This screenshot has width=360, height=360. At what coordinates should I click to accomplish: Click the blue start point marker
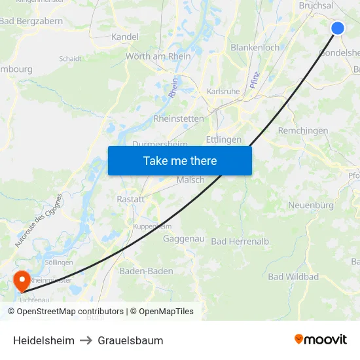(338, 27)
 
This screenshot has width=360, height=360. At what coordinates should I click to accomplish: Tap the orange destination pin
(22, 281)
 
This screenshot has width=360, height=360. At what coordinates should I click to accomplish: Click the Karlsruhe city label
(223, 92)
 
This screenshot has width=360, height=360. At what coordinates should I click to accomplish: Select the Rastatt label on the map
(130, 199)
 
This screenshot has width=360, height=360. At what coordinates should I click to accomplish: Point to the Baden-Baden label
(146, 271)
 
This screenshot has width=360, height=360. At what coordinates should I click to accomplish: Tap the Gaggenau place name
(184, 239)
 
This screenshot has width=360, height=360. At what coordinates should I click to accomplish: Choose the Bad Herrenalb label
(240, 242)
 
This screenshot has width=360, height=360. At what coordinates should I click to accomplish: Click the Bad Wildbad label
(293, 277)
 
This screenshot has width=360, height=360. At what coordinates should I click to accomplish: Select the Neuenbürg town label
(311, 206)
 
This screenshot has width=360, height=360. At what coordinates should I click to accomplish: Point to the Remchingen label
(303, 131)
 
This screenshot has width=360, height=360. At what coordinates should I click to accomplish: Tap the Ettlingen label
(224, 139)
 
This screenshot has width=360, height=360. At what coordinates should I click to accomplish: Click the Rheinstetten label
(179, 118)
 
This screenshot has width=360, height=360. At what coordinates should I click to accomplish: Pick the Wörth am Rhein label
(158, 56)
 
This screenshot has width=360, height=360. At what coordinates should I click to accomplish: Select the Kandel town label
(125, 37)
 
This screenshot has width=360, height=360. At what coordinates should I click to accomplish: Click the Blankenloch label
(255, 47)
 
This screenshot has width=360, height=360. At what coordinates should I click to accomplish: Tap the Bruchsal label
(316, 5)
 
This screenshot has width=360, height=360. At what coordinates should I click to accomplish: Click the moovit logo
(321, 339)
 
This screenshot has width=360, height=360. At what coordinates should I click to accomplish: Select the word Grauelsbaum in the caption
(130, 340)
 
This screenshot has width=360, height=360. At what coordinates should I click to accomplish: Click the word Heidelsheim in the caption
(44, 340)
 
